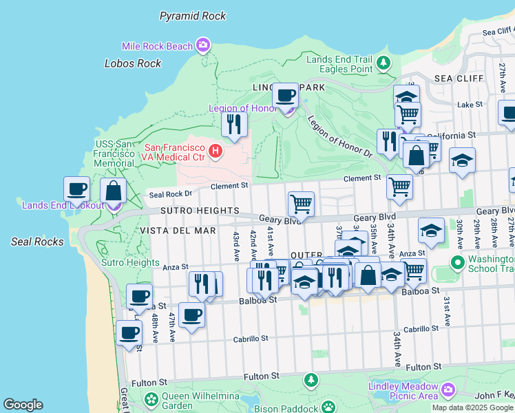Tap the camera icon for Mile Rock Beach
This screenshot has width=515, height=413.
202,46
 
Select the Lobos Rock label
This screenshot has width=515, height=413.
133,63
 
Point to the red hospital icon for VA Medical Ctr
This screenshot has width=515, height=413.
216,149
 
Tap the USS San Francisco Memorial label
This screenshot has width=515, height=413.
114,153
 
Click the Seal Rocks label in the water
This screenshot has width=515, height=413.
37,242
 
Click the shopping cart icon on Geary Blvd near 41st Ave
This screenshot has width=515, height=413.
301,204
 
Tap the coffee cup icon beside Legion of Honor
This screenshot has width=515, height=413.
285,96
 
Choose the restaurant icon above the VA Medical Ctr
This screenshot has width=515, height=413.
234,125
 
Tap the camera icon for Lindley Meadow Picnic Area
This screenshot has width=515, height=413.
448,390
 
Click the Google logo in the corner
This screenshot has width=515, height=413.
23,405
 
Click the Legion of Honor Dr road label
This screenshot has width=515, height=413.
339,136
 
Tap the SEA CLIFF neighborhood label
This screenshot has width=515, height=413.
452,79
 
